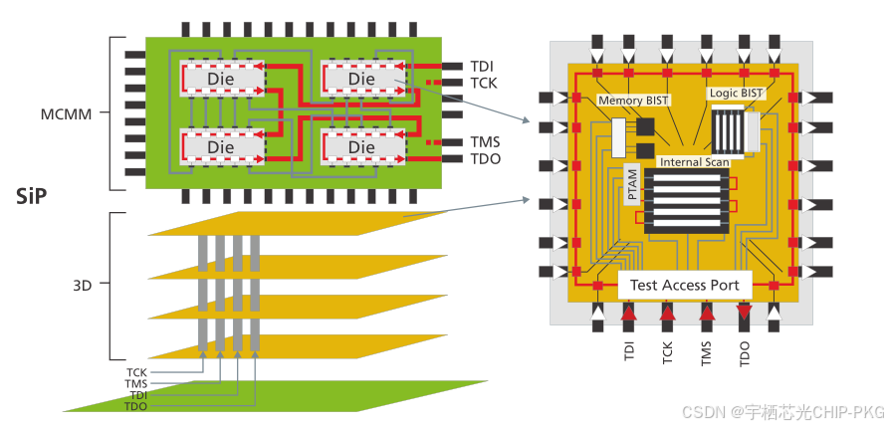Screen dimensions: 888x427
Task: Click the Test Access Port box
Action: pos(685,285)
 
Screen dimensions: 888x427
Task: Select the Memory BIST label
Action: pos(633,101)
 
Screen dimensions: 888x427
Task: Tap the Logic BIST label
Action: pos(736,93)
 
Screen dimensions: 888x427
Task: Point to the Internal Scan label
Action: pos(695,162)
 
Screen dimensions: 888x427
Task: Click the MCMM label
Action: pos(66,113)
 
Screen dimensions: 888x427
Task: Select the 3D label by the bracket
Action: pos(82,285)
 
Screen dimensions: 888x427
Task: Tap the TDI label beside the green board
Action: pos(481,67)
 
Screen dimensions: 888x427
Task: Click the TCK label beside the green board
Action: pos(484,83)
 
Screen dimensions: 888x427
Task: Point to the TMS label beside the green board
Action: pos(486,142)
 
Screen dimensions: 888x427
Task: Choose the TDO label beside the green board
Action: pos(486,159)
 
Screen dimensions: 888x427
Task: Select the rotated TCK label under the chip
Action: pos(668,352)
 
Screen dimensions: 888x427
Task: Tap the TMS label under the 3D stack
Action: pos(136,383)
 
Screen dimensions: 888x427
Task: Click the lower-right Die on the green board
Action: pos(362,147)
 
